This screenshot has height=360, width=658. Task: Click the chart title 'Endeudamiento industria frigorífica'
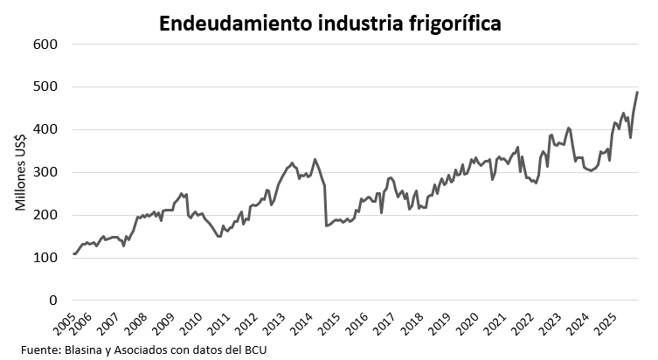point(329,24)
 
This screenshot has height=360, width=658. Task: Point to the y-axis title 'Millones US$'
point(20,173)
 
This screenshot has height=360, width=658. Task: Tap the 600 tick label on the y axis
point(45,45)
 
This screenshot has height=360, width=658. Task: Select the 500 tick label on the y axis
point(45,87)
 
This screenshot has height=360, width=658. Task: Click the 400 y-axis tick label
point(45,130)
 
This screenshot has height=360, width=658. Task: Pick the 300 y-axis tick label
point(45,173)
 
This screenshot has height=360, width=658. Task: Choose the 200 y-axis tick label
point(45,215)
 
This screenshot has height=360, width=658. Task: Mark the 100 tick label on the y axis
point(45,258)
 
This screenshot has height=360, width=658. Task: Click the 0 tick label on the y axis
point(53,301)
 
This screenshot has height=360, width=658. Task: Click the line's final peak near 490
point(637,92)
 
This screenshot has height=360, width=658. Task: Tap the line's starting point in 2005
point(74,253)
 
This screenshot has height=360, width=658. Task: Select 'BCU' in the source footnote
point(253,350)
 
